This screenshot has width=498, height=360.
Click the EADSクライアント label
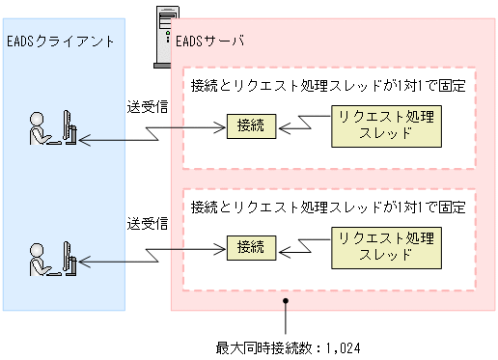click(x=60, y=42)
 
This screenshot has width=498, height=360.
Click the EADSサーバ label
click(x=209, y=42)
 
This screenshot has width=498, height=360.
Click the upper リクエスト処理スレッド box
click(x=385, y=126)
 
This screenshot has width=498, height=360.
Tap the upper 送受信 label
click(x=148, y=106)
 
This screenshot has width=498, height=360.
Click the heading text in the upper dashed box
click(x=328, y=84)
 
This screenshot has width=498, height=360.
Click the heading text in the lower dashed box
click(x=328, y=207)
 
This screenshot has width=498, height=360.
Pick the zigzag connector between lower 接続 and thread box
click(x=302, y=244)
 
